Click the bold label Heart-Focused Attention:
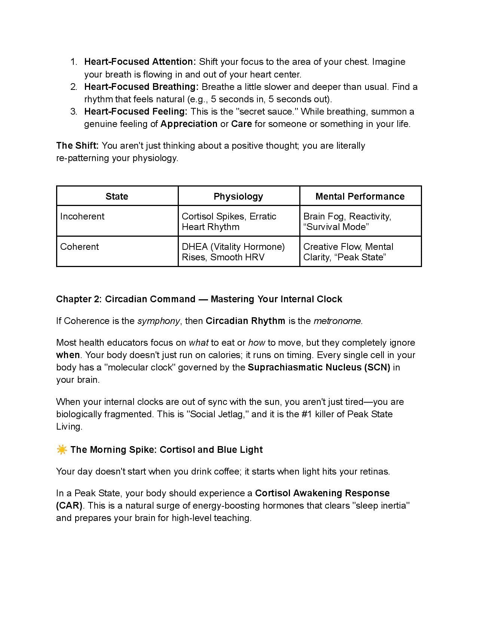coord(140,62)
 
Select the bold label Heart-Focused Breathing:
coord(141,87)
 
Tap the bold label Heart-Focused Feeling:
coord(135,112)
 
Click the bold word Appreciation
coord(189,124)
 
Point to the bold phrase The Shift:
coord(77,146)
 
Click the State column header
coord(117,197)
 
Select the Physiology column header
coord(238,197)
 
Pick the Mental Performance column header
coord(360,197)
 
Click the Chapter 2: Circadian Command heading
coord(199,299)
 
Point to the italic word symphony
coord(159,321)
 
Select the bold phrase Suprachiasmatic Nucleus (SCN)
coord(319,367)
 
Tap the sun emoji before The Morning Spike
coord(62,449)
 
